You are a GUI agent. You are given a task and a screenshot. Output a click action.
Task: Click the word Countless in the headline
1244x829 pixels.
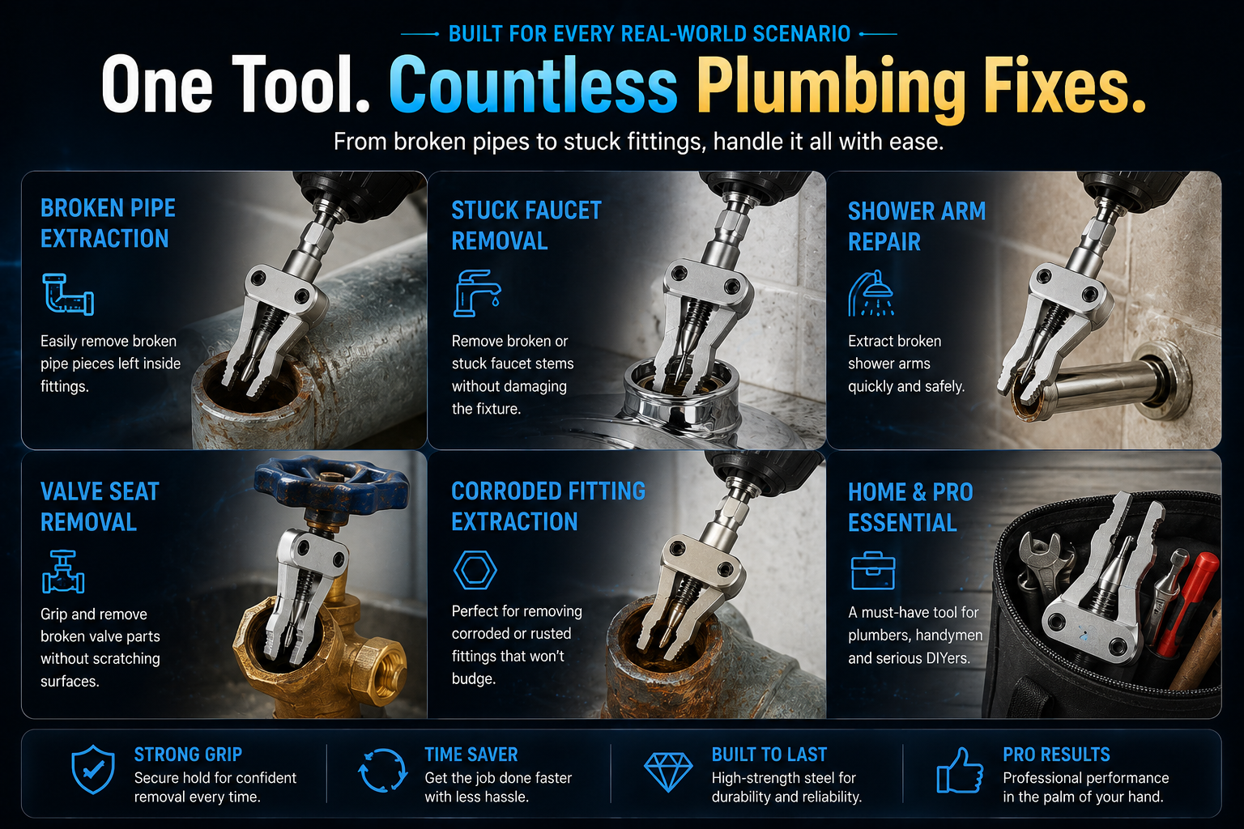(533, 85)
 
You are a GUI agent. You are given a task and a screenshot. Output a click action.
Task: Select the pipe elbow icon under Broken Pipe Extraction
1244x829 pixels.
(68, 295)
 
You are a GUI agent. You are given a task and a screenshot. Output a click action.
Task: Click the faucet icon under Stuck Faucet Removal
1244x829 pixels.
(477, 293)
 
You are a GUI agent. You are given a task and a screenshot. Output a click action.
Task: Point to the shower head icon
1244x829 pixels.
(871, 293)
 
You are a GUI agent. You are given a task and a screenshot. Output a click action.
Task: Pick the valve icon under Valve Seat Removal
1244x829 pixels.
(62, 572)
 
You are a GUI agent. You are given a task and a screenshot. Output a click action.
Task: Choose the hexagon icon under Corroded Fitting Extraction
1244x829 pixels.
(475, 570)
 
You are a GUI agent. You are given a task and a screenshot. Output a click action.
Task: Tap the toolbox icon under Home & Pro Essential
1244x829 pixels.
(873, 571)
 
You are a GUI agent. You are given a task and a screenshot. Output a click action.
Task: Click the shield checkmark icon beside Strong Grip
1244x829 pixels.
(93, 770)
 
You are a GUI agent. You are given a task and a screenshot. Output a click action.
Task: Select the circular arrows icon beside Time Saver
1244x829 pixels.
(382, 770)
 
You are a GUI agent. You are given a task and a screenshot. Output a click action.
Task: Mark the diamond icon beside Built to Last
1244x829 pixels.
(668, 772)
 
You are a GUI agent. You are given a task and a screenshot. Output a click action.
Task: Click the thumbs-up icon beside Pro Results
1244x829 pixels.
(959, 771)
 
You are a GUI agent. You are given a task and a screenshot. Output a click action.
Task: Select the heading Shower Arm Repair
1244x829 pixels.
(917, 227)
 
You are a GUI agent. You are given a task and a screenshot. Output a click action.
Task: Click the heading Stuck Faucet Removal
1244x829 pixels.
(526, 225)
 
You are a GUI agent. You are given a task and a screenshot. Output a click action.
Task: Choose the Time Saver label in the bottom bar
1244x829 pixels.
(471, 755)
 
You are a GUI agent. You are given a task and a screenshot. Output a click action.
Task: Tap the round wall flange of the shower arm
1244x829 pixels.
(1164, 381)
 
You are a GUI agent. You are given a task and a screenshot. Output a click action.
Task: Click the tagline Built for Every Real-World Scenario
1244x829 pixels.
(650, 34)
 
